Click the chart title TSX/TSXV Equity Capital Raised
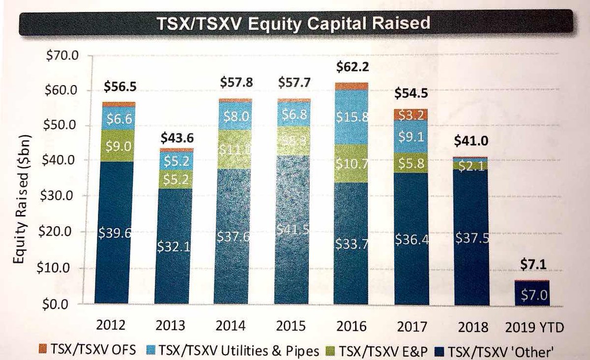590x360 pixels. [294, 24]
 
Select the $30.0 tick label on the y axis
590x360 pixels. [61, 195]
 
